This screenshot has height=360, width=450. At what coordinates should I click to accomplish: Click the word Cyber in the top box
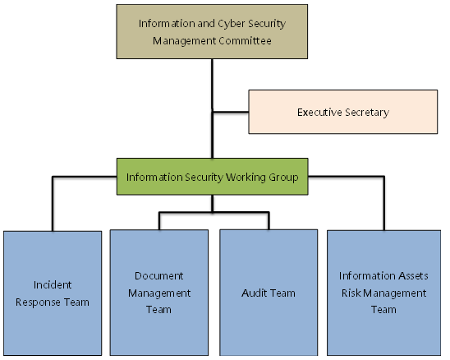232,24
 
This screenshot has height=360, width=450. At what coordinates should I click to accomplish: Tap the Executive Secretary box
343,112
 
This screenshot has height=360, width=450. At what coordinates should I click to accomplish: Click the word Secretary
367,113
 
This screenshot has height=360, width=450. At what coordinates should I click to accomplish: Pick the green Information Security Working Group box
213,177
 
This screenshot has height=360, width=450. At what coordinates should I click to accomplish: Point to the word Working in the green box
246,178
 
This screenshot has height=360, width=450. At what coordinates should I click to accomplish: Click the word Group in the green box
283,178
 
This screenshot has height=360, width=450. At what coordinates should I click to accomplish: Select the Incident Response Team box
53,293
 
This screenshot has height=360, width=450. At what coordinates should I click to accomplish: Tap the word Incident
53,284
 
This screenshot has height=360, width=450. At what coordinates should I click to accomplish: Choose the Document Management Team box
159,293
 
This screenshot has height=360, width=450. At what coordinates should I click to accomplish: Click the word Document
159,276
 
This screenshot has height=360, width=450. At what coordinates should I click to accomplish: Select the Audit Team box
269,293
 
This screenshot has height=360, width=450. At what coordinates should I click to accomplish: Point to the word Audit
255,293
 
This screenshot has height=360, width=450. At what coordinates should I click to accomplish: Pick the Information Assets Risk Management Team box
384,293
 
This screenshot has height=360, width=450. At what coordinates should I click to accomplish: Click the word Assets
413,276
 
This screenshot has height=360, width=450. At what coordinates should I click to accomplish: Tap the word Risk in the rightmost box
351,293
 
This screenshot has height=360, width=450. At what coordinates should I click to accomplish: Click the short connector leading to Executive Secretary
231,112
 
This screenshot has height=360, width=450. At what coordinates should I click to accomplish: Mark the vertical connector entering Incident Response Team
53,204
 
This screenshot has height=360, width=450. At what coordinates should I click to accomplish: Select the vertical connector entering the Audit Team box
269,221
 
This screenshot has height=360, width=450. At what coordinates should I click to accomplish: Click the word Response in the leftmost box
38,302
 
